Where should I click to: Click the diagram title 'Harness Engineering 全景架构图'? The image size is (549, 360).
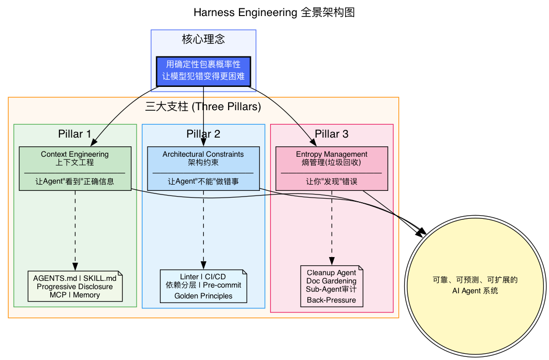click(274, 12)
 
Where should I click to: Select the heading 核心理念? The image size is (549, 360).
click(203, 39)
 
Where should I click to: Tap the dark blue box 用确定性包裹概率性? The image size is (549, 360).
click(203, 71)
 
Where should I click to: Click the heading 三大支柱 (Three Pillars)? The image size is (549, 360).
click(203, 107)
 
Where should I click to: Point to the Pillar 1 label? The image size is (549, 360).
click(75, 134)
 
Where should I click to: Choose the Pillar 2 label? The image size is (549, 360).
click(203, 134)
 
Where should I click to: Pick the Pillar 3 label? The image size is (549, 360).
click(332, 134)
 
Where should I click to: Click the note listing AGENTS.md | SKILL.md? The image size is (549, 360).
click(75, 286)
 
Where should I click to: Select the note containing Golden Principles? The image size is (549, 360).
click(203, 286)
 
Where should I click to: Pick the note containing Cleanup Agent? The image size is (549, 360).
click(332, 286)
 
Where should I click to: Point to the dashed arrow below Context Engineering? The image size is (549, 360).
click(75, 228)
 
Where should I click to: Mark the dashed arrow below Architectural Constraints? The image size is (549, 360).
click(203, 228)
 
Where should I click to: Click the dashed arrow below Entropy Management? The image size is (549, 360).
click(332, 228)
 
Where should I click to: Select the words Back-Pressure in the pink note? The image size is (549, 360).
click(332, 300)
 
